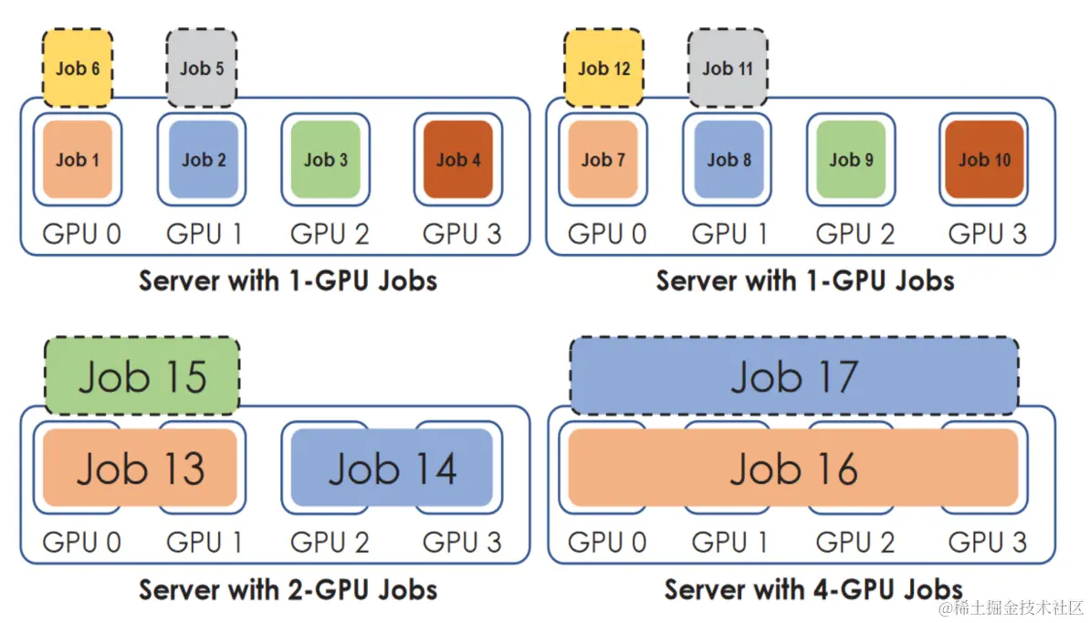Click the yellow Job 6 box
[x=78, y=68]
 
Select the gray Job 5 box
[x=202, y=68]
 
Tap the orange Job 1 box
[x=78, y=160]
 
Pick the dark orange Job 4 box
[x=458, y=160]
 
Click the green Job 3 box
[x=326, y=160]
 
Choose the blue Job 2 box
[x=204, y=160]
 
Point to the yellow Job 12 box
[x=603, y=68]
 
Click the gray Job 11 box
[x=728, y=68]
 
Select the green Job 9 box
[x=851, y=160]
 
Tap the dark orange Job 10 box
[x=984, y=160]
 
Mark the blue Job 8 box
[x=728, y=160]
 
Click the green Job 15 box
[x=142, y=376]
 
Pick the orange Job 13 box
[x=141, y=469]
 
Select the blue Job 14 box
[x=393, y=469]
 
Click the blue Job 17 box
[x=794, y=376]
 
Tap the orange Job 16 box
[x=794, y=469]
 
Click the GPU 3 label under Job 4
[x=462, y=234]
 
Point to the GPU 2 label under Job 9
[x=855, y=234]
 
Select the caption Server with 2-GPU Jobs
[x=288, y=589]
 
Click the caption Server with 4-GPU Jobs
[x=813, y=589]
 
